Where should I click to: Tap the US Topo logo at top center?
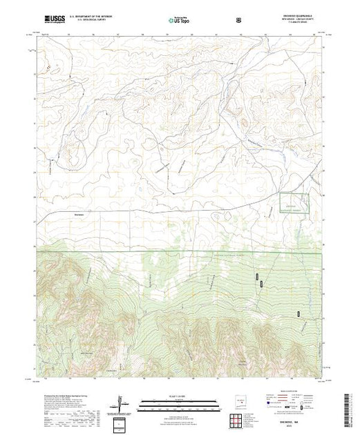[178, 20]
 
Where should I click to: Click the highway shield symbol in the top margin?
[238, 20]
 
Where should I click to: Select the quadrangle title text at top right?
[296, 18]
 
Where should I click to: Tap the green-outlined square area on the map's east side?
[294, 204]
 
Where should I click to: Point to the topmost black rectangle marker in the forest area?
[259, 277]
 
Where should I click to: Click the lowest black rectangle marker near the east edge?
[299, 314]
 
